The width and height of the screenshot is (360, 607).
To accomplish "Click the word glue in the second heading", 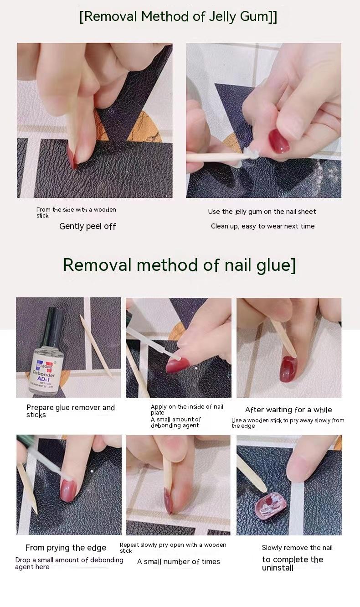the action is [x=273, y=265].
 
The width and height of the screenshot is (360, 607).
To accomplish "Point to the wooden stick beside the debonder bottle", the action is [x=96, y=346].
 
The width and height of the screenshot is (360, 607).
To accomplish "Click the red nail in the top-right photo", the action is [x=279, y=141].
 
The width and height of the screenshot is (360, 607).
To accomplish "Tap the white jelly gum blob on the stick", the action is [x=251, y=154].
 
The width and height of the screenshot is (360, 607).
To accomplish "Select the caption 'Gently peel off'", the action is [x=87, y=227].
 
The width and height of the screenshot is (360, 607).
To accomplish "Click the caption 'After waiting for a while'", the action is [x=288, y=410].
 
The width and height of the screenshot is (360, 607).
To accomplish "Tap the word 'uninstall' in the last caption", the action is [x=278, y=568].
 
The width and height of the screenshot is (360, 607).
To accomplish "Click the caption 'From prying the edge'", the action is [x=66, y=548].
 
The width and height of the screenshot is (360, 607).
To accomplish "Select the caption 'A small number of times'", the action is [x=178, y=562].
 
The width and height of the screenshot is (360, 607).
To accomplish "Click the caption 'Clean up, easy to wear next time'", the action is [x=262, y=226].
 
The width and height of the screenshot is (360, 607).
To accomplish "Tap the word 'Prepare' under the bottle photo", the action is [x=40, y=408].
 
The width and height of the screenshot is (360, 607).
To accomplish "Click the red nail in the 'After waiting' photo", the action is [x=288, y=369].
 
